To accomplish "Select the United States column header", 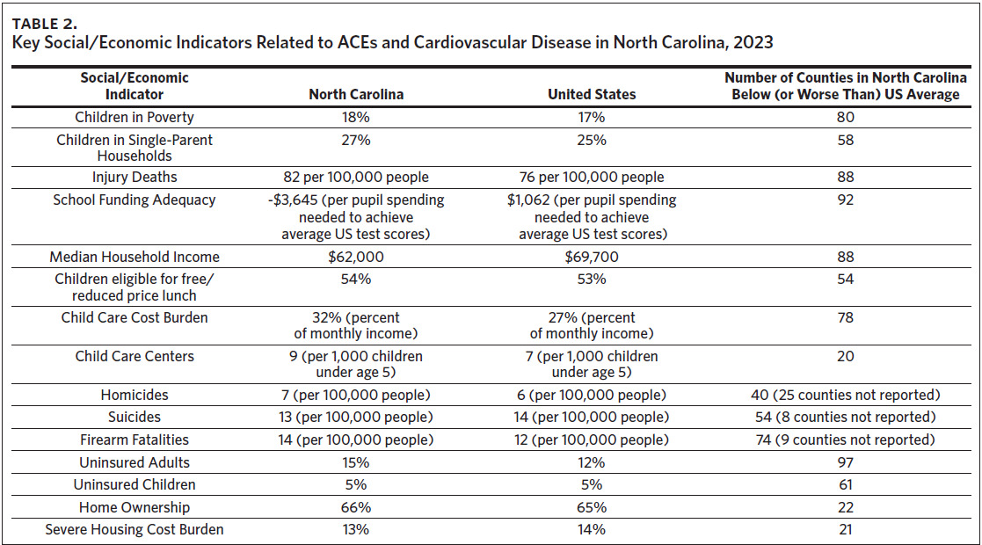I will (592, 94).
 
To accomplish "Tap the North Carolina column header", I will (356, 94).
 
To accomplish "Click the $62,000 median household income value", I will (356, 258).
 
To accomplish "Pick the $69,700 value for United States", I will (592, 258).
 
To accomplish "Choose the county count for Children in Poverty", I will (846, 117).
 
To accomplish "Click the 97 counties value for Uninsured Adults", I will (846, 462).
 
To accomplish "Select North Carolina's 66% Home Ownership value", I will (356, 507).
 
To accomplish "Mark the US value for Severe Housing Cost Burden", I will (592, 530).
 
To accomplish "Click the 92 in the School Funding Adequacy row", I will (846, 200).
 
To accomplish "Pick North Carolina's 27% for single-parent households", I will (356, 140).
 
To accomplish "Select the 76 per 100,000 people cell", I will (592, 178).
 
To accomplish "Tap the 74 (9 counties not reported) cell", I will (846, 440).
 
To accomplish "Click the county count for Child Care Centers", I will (846, 356).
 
